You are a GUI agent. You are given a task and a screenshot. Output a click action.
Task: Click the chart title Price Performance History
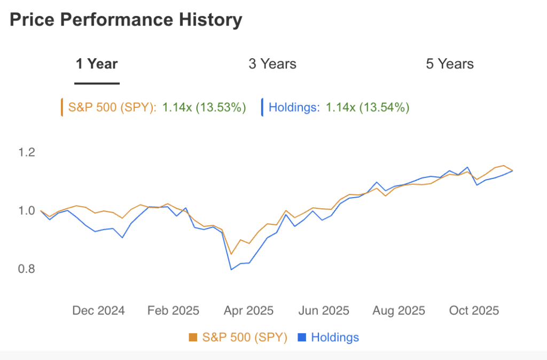click(x=126, y=20)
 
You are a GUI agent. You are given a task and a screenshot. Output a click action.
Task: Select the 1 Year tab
click(x=97, y=64)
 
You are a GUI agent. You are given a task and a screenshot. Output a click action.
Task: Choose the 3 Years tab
click(x=272, y=64)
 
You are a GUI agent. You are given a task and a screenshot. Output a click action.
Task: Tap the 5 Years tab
click(x=449, y=64)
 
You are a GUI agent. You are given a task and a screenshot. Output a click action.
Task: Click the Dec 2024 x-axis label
click(x=98, y=310)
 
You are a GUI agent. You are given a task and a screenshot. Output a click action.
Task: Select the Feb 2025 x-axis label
click(x=173, y=310)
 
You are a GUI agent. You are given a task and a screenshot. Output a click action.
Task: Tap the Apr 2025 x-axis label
click(x=248, y=310)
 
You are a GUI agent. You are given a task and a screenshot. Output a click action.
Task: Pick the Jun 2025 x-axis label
click(x=323, y=310)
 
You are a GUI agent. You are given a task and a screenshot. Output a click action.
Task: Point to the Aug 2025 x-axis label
click(x=399, y=310)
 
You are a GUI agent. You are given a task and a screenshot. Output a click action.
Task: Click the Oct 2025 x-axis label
click(x=474, y=310)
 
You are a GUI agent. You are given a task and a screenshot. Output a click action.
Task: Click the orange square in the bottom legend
click(x=193, y=338)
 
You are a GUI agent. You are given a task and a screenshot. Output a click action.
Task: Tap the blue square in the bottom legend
click(x=302, y=338)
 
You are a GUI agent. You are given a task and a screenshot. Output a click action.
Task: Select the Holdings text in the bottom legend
click(x=335, y=338)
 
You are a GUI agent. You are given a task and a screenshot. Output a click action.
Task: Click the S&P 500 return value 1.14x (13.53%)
click(x=204, y=107)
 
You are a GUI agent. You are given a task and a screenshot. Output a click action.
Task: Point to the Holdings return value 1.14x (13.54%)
click(x=368, y=107)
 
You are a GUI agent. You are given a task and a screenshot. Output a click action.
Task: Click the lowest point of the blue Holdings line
click(x=231, y=269)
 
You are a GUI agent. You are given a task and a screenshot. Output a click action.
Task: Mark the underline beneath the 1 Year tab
click(x=97, y=83)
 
